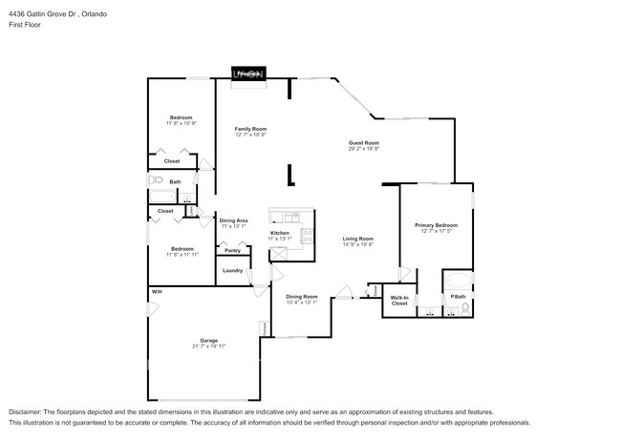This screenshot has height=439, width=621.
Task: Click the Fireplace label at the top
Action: [248, 73]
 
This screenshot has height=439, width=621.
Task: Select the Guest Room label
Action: [363, 142]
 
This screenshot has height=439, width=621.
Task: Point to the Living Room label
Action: [358, 238]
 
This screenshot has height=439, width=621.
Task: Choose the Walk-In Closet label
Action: [399, 301]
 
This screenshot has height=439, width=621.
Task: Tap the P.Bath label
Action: [460, 297]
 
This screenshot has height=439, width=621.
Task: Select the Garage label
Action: [208, 341]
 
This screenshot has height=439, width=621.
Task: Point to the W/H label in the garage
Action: [155, 291]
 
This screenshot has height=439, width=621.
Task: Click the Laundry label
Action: [232, 270]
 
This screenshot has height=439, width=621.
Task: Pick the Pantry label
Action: [232, 250]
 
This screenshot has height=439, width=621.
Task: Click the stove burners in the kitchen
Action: [306, 234]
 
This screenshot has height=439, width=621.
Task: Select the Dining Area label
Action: [234, 220]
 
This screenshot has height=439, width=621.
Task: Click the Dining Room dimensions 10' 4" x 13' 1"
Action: [302, 302]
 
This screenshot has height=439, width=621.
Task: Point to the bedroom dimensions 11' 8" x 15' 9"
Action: [181, 123]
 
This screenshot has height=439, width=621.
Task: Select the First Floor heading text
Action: [26, 25]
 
